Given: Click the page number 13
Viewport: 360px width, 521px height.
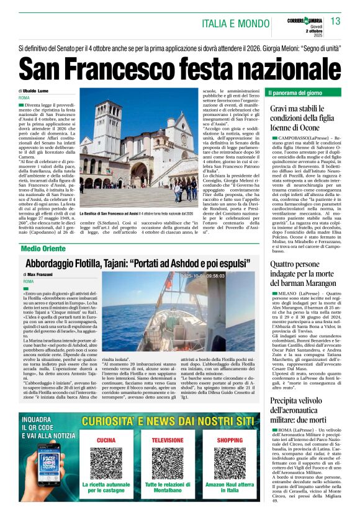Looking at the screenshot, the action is (x=336, y=22).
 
